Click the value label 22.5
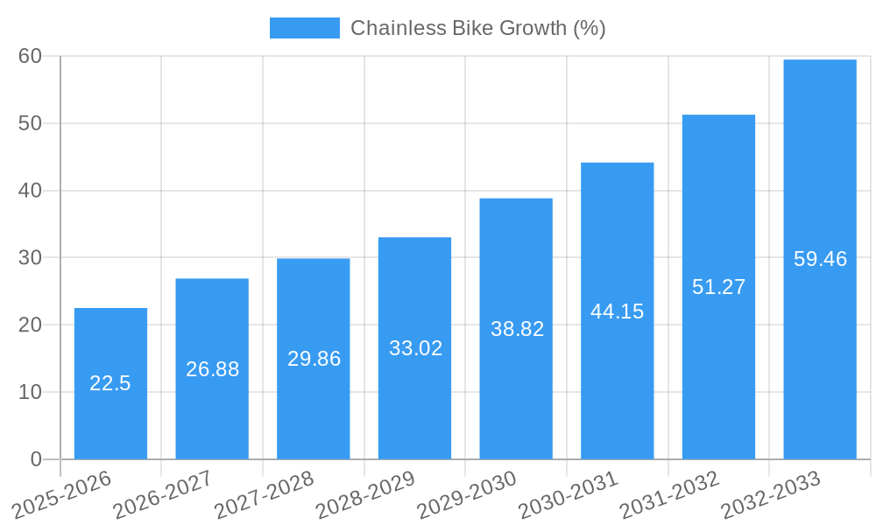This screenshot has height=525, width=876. (110, 383)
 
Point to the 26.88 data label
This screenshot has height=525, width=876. (212, 369)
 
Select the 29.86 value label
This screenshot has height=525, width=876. (314, 359)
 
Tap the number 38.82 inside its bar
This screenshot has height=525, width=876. (517, 329)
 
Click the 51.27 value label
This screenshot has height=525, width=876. (718, 287)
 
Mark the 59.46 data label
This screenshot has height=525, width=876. (820, 259)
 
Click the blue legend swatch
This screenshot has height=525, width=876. (304, 28)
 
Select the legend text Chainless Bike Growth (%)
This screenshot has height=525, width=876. (477, 28)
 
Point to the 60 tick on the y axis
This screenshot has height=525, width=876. (31, 56)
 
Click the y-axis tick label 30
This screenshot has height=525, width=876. (31, 257)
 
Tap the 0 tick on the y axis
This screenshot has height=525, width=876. (36, 459)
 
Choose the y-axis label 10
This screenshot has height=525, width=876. (31, 392)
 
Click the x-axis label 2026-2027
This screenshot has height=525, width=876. (163, 494)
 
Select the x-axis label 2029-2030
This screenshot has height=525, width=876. (468, 494)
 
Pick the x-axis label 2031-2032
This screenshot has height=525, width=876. (670, 494)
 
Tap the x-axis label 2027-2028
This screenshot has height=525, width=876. (265, 494)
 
